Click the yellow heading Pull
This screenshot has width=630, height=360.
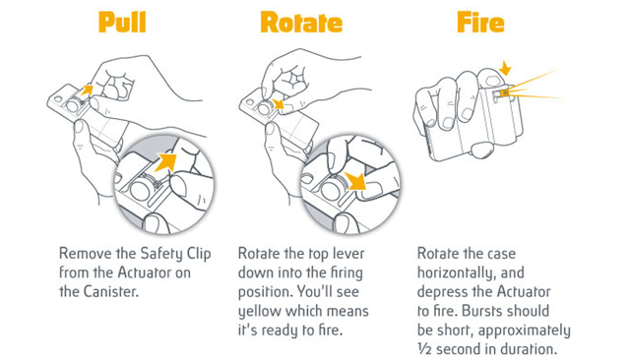point(122,23)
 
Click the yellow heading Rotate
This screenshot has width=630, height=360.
point(301,23)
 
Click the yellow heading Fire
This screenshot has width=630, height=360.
point(480,23)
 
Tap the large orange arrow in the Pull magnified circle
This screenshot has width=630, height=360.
point(166,163)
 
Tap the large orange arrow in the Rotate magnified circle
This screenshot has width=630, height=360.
point(354,181)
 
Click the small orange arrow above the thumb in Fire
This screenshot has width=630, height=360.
point(505,69)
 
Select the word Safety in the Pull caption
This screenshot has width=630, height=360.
point(161,254)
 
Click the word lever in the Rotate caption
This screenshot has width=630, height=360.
point(348,254)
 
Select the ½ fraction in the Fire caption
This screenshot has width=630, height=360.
point(424,349)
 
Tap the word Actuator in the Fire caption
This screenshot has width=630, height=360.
point(524,292)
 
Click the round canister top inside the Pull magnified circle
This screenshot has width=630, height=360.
point(140,189)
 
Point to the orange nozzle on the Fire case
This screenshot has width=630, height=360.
point(503,93)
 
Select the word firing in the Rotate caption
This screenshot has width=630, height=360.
point(346,273)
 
